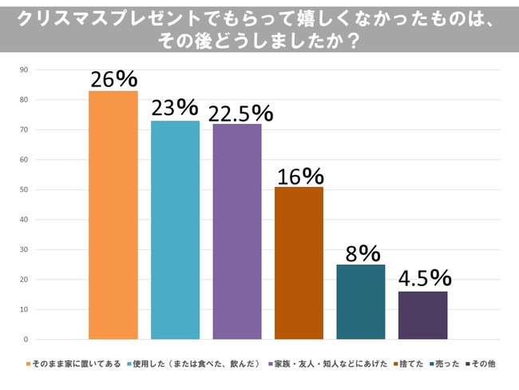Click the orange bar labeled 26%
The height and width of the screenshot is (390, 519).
click(113, 215)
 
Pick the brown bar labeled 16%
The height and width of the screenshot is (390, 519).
click(299, 263)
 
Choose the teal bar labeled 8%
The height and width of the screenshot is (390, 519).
click(361, 302)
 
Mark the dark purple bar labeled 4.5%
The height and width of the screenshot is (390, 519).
click(422, 316)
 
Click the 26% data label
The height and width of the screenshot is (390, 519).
click(113, 79)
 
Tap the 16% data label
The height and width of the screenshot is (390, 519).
click(300, 175)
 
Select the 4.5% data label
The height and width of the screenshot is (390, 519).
click(425, 279)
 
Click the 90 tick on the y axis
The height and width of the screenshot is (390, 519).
click(25, 70)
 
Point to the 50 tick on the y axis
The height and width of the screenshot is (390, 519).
click(25, 189)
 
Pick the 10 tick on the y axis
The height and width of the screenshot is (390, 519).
click(25, 309)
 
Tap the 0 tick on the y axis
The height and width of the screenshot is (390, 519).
click(26, 339)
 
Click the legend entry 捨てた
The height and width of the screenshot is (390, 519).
click(409, 364)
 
